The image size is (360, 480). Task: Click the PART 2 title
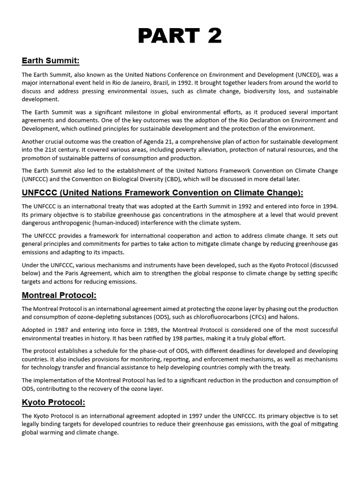(x=180, y=36)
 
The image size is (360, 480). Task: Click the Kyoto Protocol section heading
(x=53, y=402)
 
